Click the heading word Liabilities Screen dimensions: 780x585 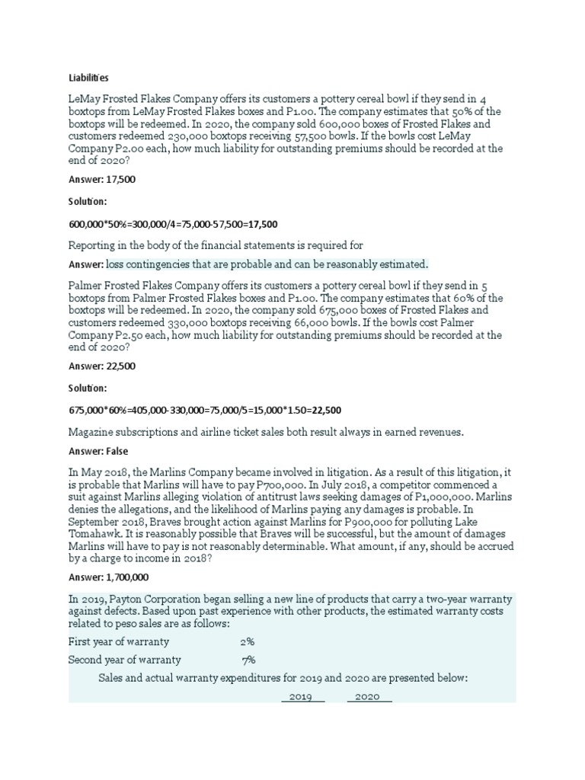(88, 77)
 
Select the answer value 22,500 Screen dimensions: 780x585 (121, 366)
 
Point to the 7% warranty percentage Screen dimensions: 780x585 (248, 660)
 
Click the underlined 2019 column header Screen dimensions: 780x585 (302, 697)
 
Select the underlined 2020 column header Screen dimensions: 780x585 (368, 697)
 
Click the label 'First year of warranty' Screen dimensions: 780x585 (119, 641)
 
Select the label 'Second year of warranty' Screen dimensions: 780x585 (125, 660)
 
